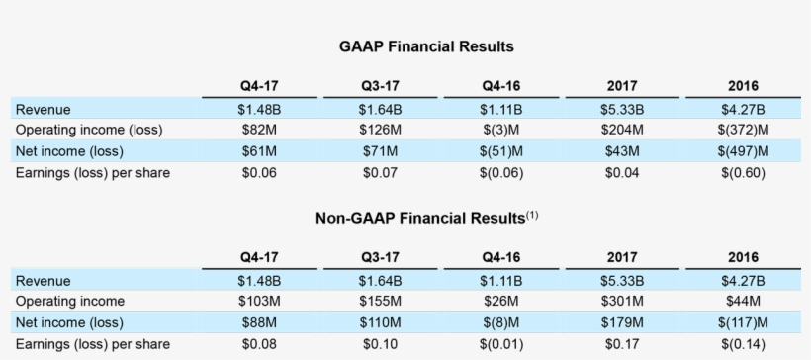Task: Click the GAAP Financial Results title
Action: pos(426,46)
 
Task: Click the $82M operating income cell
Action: pos(259,130)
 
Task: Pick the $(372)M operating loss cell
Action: pos(746,130)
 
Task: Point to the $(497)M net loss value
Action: pos(746,151)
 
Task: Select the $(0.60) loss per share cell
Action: pos(746,173)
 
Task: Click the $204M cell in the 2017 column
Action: pos(624,130)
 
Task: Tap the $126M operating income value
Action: pos(381,130)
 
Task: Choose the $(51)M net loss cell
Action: pos(502,151)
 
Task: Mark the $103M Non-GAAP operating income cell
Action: pos(259,302)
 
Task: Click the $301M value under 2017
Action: pos(624,302)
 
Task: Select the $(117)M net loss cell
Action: pos(746,323)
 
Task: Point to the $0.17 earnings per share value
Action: pos(624,345)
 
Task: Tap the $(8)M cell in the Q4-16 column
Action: pos(502,323)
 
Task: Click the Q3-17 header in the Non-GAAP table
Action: pos(381,258)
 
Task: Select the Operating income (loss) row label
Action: pos(89,130)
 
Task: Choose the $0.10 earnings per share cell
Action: pos(381,345)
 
